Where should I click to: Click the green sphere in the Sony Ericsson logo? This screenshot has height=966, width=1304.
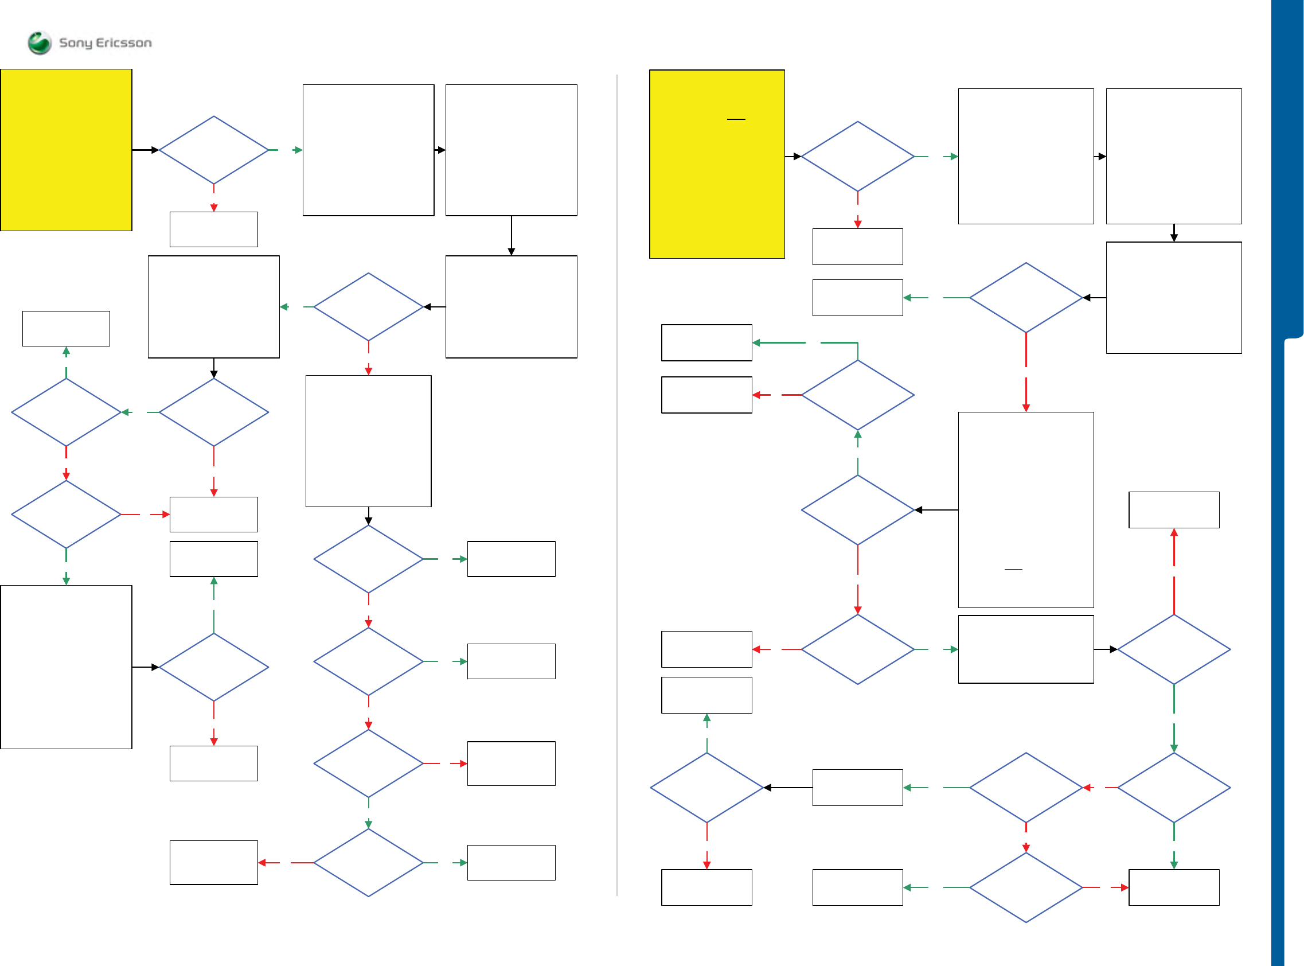[x=40, y=42]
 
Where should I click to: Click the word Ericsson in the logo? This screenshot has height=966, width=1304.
[x=123, y=42]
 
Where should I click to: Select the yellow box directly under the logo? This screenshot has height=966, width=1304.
[x=66, y=150]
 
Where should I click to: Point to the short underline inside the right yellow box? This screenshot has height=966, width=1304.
[x=736, y=119]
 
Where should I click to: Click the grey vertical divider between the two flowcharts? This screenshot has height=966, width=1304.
[x=616, y=485]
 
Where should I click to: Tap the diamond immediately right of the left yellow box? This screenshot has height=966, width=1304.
[x=214, y=150]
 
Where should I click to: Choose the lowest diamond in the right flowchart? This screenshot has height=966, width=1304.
[x=1026, y=887]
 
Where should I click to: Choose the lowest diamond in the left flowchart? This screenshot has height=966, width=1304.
[x=368, y=863]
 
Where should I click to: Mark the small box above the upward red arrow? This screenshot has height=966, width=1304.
[x=1174, y=510]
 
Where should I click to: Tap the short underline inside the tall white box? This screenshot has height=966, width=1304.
[x=1013, y=569]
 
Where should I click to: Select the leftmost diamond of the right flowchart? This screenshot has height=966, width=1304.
[x=706, y=788]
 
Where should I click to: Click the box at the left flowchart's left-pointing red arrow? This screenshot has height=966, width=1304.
[x=214, y=863]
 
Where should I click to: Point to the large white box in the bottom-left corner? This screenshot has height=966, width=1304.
[x=66, y=667]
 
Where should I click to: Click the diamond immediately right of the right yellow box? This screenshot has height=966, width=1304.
[x=857, y=157]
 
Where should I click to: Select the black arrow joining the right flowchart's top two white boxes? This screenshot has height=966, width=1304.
[x=1099, y=157]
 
